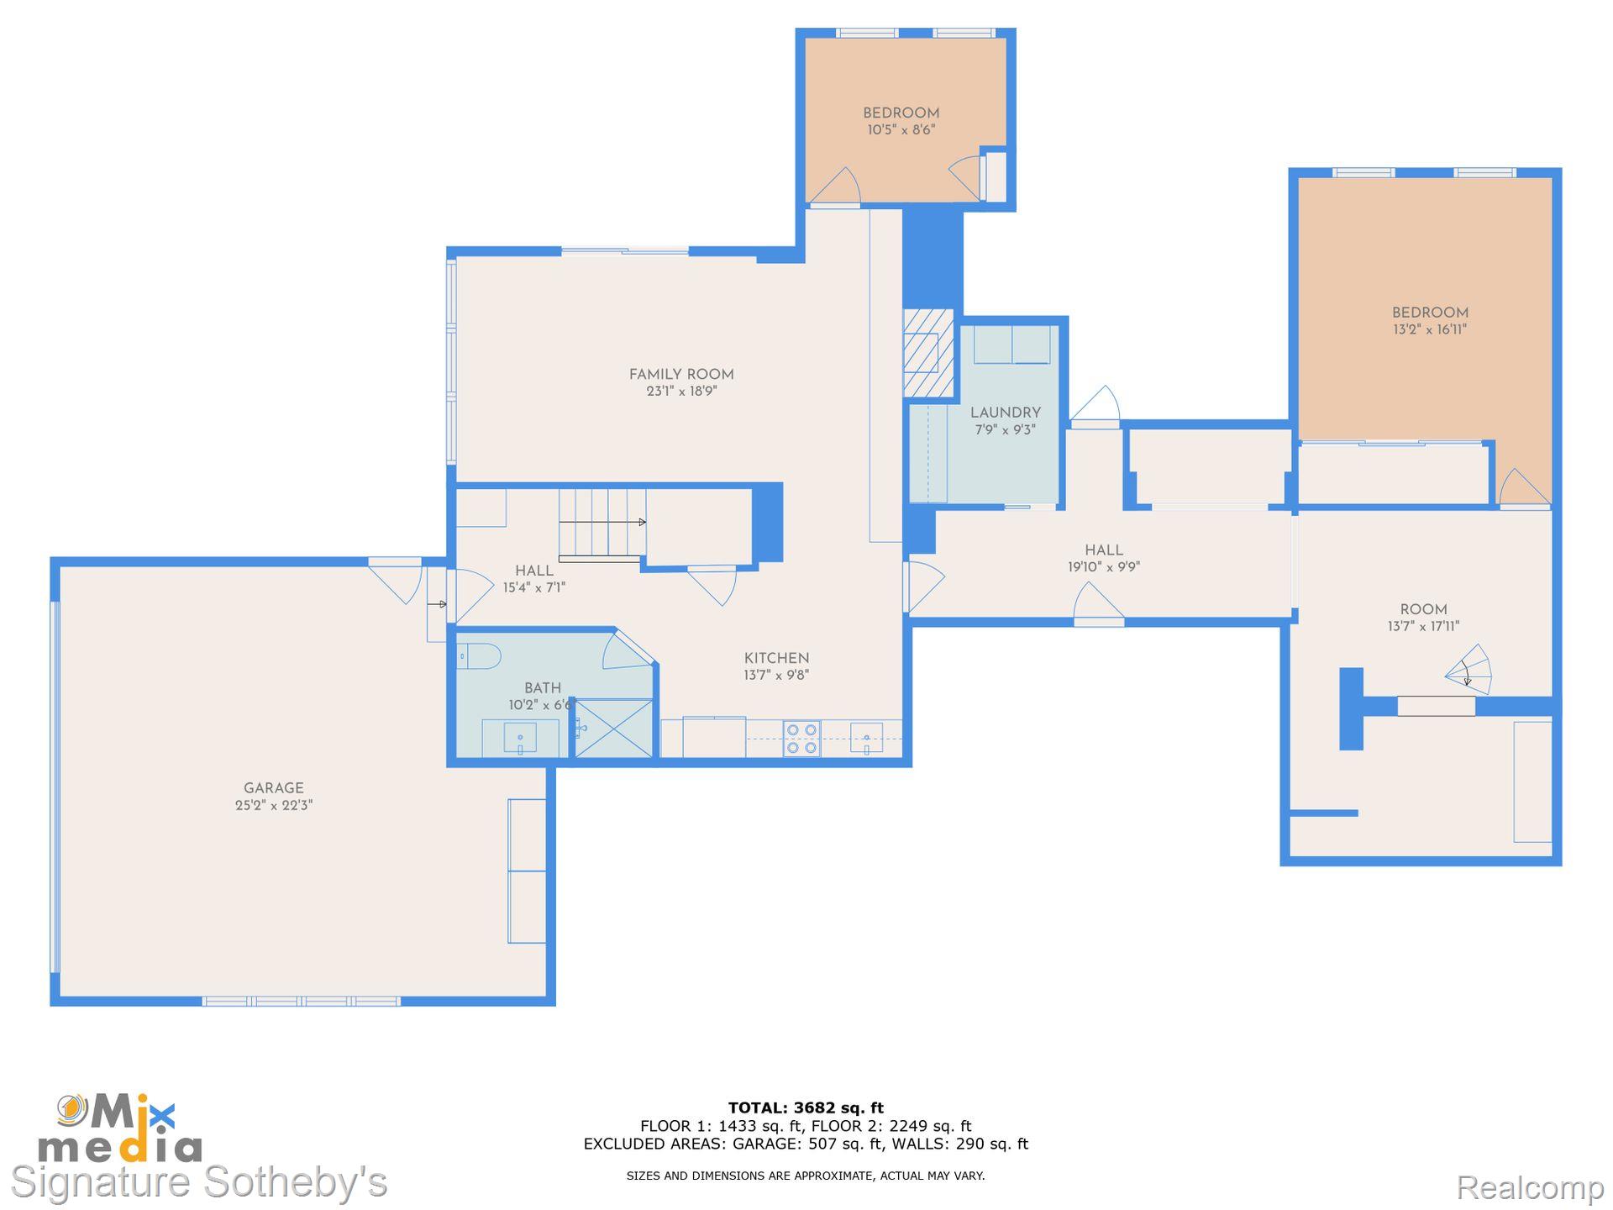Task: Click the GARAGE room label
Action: [273, 788]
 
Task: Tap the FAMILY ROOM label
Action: [680, 375]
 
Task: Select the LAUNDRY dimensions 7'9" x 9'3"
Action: [1005, 429]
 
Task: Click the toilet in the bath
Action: [478, 656]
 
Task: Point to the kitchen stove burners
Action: [801, 739]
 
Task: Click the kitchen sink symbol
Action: [866, 738]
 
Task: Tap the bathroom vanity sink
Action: [520, 739]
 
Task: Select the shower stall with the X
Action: [614, 729]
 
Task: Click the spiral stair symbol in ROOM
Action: [1470, 671]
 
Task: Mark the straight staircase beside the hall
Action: [602, 523]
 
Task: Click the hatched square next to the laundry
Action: [928, 353]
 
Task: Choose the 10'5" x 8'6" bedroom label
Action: [901, 121]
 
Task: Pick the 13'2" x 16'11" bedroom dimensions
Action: [1429, 329]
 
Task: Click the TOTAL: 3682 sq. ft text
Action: [805, 1107]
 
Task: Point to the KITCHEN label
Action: [776, 659]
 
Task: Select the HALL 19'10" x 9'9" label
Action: [1103, 558]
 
